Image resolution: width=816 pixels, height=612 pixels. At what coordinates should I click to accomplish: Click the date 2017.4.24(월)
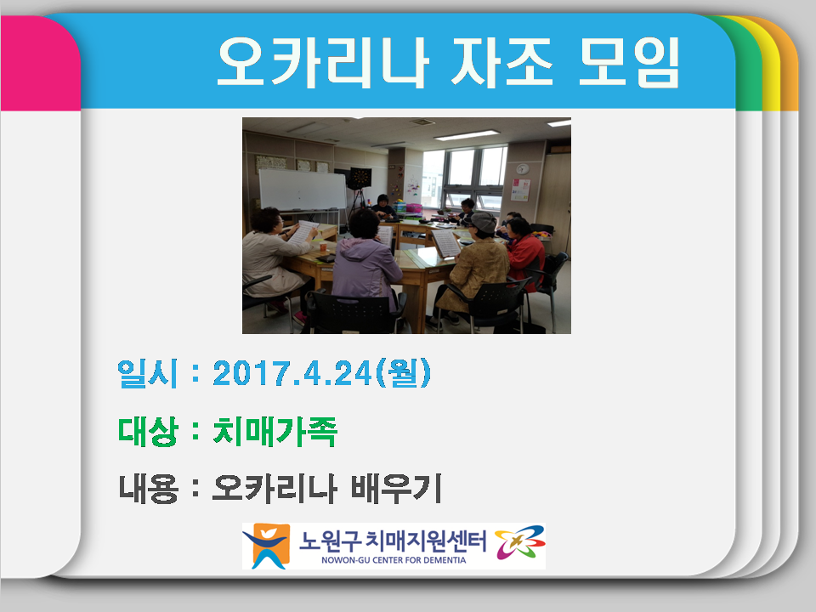(x=322, y=373)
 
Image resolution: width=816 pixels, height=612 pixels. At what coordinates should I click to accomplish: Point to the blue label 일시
(x=147, y=374)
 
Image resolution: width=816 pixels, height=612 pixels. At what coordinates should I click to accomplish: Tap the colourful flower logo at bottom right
(x=519, y=545)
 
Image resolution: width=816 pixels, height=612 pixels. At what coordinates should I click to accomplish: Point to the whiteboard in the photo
(x=302, y=189)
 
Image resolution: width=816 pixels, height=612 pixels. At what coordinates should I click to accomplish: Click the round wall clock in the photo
(x=521, y=167)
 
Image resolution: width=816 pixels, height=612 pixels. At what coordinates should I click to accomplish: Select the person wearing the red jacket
(x=525, y=253)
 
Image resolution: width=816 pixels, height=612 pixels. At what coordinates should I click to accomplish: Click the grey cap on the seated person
(x=483, y=222)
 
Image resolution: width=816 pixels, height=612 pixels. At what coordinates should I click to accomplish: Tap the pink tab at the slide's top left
(x=38, y=64)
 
